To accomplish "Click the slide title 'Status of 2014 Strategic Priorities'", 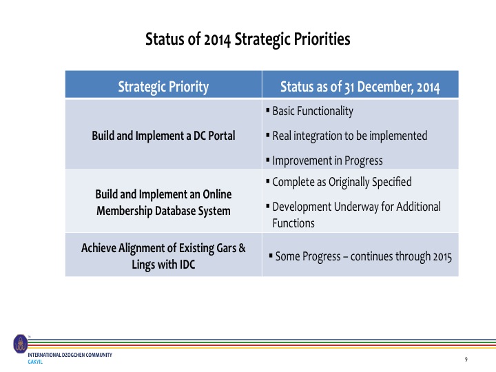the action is click(248, 40).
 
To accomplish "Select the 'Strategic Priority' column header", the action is click(163, 87).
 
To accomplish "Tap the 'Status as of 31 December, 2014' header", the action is click(360, 87).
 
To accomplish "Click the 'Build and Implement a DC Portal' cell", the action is click(163, 136).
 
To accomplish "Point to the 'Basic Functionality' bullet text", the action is click(313, 112).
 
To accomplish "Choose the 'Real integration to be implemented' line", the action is click(350, 136).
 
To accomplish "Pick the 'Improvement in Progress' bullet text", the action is click(327, 161).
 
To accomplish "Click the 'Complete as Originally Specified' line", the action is click(342, 182).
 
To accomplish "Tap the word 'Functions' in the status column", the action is click(293, 223).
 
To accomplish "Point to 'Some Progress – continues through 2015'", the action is click(364, 256).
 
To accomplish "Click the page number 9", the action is click(466, 360).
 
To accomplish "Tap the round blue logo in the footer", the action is click(21, 344).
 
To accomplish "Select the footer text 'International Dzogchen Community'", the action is click(70, 355).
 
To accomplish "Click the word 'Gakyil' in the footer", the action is click(35, 362).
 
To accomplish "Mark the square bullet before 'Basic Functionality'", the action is click(267, 111).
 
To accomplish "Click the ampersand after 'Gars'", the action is click(242, 248).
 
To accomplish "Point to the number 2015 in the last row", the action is click(442, 257).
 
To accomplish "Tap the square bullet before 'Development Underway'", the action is click(267, 207).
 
